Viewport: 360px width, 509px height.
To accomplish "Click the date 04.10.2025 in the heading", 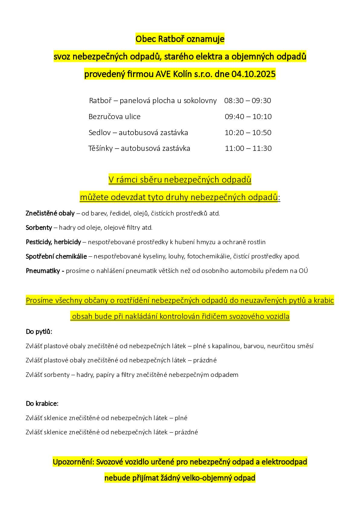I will (x=254, y=74).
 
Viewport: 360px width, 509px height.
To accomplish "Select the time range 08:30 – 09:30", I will (x=248, y=101).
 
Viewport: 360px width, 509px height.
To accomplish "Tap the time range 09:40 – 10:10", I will (x=248, y=117).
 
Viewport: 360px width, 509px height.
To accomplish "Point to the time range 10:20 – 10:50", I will (x=248, y=133).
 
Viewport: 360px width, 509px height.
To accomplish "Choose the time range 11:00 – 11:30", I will (x=248, y=148).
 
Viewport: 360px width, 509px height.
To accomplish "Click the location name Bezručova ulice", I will (x=115, y=117).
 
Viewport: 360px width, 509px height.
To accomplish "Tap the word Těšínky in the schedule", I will (x=100, y=148).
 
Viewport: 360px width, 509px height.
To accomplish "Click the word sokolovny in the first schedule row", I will (x=200, y=101).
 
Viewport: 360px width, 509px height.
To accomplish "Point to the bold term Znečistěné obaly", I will (x=50, y=213).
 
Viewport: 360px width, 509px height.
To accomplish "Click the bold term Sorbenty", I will (x=39, y=228).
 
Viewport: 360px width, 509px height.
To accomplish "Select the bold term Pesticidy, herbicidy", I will (x=54, y=242).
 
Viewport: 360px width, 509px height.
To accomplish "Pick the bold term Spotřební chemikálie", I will (x=56, y=256).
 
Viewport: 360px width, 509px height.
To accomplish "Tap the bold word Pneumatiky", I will (x=43, y=271).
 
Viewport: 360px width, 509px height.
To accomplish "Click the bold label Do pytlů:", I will (x=39, y=332).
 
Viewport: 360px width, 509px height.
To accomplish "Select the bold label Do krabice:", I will (x=42, y=404).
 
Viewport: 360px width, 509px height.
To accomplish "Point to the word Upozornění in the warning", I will (x=73, y=462).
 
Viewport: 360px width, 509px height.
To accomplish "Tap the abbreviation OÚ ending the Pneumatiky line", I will (x=303, y=271).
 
